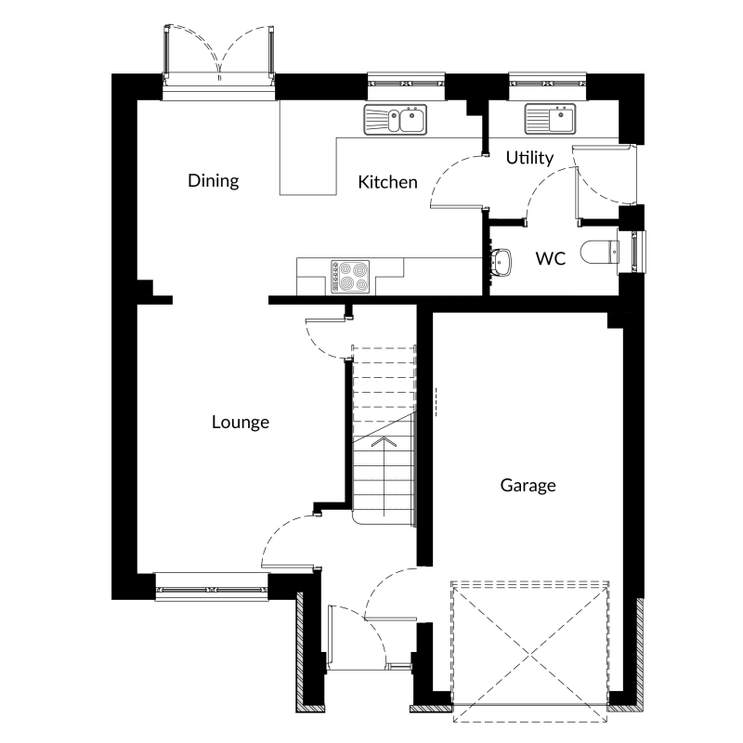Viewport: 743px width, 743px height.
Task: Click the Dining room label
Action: click(x=214, y=180)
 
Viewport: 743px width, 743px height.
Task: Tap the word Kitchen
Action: click(x=387, y=182)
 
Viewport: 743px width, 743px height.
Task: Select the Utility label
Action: click(x=529, y=158)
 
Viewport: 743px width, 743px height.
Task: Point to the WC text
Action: click(x=550, y=258)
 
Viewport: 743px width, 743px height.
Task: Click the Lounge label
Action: click(x=241, y=423)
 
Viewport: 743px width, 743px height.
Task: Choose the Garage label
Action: click(x=528, y=485)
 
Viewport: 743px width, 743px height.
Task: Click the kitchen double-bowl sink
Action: click(x=396, y=119)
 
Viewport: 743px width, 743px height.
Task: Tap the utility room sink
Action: click(x=550, y=119)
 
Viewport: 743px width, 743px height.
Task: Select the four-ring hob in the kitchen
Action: click(x=350, y=277)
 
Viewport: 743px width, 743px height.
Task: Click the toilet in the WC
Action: click(x=599, y=252)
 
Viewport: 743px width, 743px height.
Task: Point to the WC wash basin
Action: click(x=501, y=262)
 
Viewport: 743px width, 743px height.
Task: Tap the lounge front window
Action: click(x=212, y=588)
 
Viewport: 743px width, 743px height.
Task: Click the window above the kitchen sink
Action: click(x=406, y=86)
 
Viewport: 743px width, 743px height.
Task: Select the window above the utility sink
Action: click(x=547, y=86)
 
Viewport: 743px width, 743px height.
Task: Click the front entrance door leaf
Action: click(x=330, y=637)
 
